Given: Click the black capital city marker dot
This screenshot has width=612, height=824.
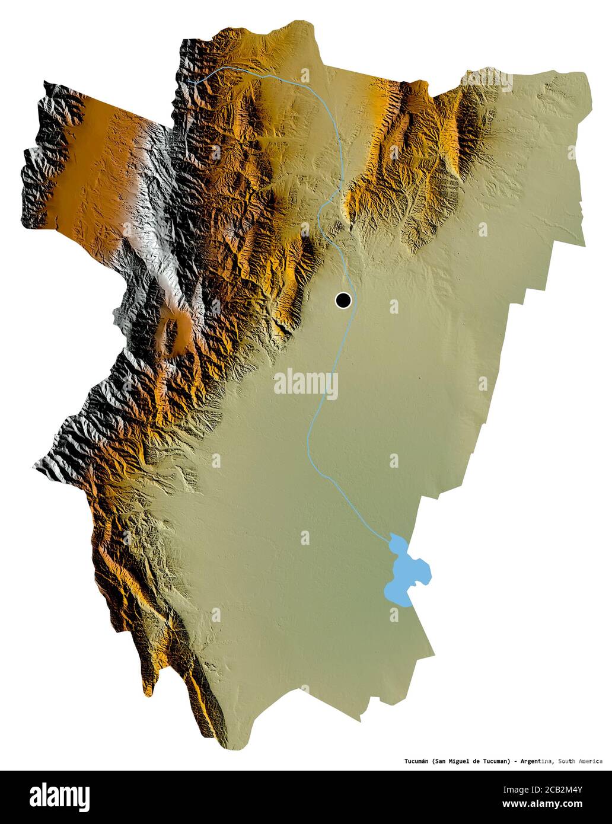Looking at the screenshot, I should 343,301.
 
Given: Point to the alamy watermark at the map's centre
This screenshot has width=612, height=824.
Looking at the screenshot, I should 306,384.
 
